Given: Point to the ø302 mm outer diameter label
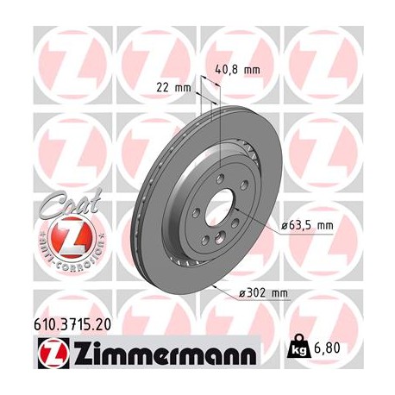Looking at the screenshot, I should [263, 294].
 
